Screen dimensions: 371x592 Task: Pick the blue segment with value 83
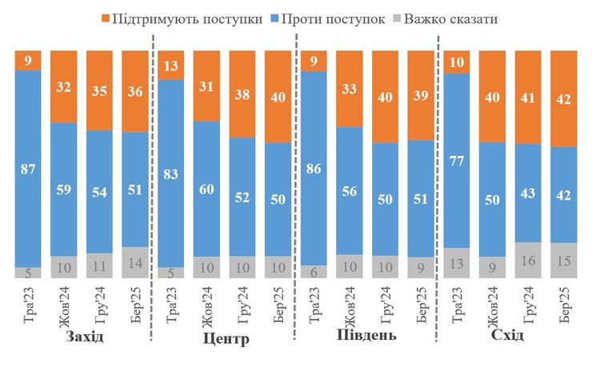(x=170, y=173)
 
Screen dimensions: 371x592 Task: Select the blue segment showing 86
(x=314, y=168)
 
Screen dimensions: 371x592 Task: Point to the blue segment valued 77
(x=456, y=161)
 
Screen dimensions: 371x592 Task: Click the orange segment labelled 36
(x=135, y=91)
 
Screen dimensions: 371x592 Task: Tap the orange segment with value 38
(x=242, y=94)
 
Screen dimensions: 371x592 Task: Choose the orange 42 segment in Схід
(x=563, y=98)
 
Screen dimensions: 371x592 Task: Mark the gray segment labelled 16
(x=527, y=260)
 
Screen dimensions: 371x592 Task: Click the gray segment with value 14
(x=135, y=262)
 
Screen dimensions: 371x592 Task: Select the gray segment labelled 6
(x=314, y=272)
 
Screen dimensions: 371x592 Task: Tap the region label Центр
(x=225, y=339)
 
